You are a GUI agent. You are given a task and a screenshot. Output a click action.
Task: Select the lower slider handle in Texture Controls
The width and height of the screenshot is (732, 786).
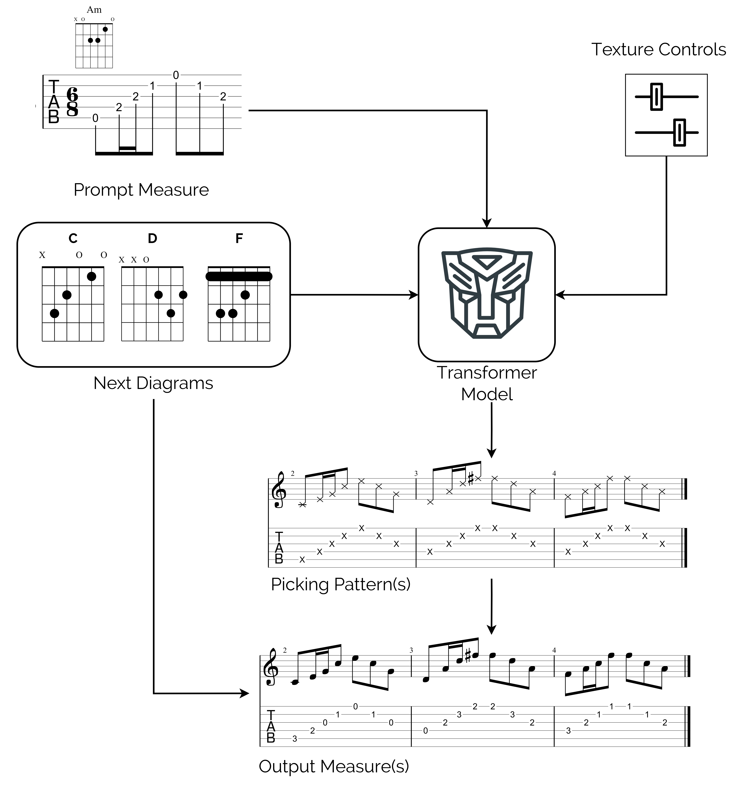click(679, 132)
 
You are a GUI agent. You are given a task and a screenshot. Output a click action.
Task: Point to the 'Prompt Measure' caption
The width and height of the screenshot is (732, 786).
click(141, 190)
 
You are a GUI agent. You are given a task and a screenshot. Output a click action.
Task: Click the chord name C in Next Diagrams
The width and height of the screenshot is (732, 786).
click(73, 238)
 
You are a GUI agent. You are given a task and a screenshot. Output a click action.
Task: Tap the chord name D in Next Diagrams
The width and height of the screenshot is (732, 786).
click(152, 238)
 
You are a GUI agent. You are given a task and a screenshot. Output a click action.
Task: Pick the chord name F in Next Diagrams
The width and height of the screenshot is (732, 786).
click(239, 238)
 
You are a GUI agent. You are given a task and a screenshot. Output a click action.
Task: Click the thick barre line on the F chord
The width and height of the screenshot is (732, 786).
click(239, 276)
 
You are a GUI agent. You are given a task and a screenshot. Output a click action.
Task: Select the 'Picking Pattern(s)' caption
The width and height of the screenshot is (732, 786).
click(340, 584)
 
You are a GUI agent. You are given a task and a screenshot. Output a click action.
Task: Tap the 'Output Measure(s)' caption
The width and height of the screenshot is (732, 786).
click(334, 766)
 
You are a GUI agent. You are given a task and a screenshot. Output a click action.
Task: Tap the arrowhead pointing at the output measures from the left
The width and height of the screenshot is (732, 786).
click(245, 693)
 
